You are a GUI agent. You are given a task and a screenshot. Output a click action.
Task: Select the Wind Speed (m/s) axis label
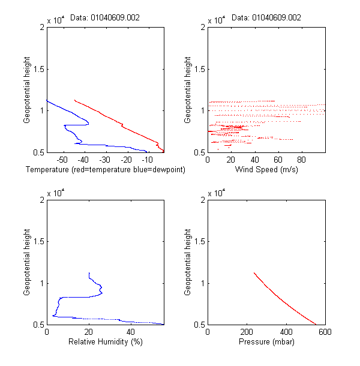pos(266,170)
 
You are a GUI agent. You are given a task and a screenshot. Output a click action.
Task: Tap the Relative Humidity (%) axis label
pos(105,343)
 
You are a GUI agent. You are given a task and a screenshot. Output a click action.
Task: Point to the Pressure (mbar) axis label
pos(266,343)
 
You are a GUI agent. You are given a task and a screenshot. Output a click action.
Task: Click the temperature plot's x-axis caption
pos(105,170)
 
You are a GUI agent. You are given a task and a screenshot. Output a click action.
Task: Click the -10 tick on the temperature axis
pos(147,160)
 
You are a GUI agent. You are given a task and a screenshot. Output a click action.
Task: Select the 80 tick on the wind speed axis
pos(302,160)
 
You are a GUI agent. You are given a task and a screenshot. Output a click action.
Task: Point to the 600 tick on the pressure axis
pos(325,332)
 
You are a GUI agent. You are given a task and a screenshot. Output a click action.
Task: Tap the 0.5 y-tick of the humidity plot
pos(37,325)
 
